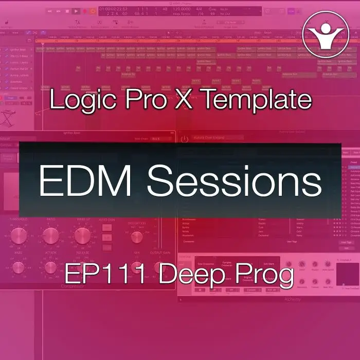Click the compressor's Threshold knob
click(x=18, y=236)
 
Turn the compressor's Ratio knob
click(x=50, y=236)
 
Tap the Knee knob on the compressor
click(x=18, y=267)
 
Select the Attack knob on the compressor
click(x=50, y=267)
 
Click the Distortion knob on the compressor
click(x=136, y=237)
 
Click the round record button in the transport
click(x=93, y=10)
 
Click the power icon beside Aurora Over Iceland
click(x=184, y=138)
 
